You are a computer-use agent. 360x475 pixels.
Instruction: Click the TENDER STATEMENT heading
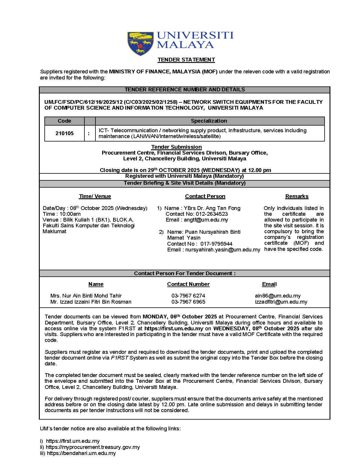(186, 60)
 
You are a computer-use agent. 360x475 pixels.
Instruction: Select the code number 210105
(64, 133)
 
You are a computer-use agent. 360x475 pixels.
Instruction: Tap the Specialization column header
(209, 121)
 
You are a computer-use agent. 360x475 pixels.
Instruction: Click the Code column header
(64, 121)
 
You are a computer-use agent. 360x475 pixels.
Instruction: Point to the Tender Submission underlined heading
(176, 147)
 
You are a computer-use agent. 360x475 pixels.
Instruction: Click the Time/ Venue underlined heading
(95, 196)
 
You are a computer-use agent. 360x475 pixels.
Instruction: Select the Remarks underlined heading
(297, 196)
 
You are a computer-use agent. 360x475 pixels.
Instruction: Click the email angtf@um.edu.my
(206, 220)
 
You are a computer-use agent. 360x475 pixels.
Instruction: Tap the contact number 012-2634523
(212, 214)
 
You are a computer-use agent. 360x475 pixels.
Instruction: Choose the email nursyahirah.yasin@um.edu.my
(223, 250)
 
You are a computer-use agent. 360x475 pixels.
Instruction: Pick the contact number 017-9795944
(216, 244)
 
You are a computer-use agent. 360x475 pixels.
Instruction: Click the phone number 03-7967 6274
(188, 296)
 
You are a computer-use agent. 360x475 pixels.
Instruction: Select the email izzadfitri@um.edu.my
(281, 302)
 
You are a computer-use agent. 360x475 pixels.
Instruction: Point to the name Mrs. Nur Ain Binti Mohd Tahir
(86, 296)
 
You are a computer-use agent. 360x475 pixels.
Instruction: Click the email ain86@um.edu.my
(278, 296)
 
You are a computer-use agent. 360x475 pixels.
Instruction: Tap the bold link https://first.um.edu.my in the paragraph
(174, 329)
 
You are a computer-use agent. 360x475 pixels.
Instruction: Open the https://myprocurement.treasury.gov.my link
(93, 447)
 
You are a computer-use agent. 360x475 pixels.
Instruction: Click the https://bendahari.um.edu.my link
(81, 453)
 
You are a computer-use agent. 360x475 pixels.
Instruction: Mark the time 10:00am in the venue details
(70, 214)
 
